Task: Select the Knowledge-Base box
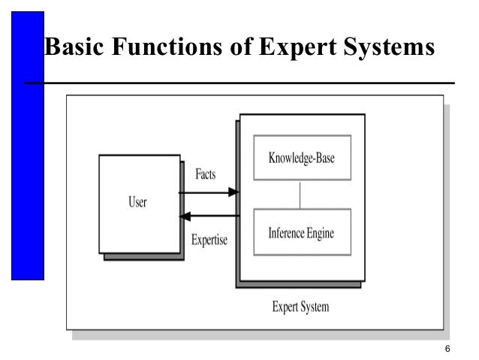click(x=302, y=158)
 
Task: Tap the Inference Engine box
click(x=302, y=233)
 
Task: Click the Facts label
click(x=205, y=174)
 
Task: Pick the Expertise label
click(x=209, y=241)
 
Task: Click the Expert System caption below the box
click(x=300, y=307)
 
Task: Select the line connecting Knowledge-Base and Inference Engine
click(x=300, y=194)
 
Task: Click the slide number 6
click(x=447, y=349)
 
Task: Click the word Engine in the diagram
click(x=318, y=233)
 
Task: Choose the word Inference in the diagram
click(x=285, y=233)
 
